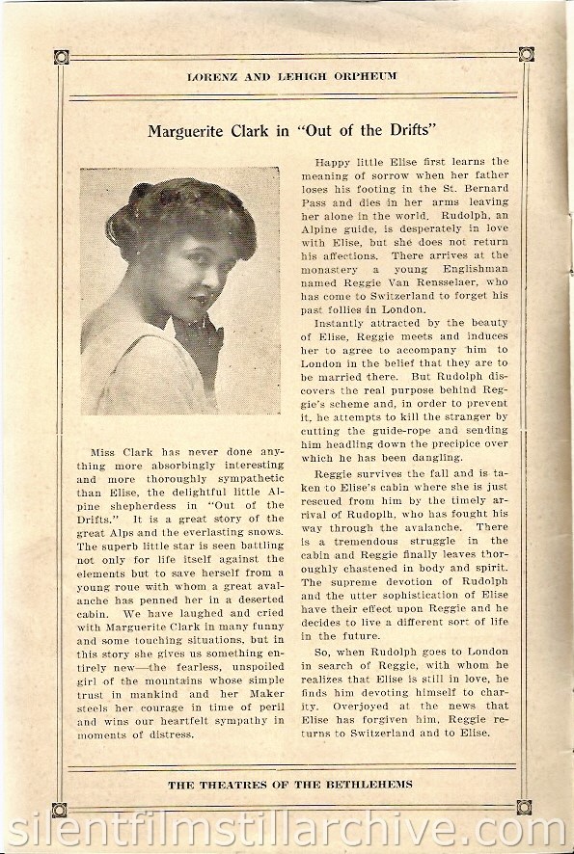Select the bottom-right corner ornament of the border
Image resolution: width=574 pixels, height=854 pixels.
(525, 808)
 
